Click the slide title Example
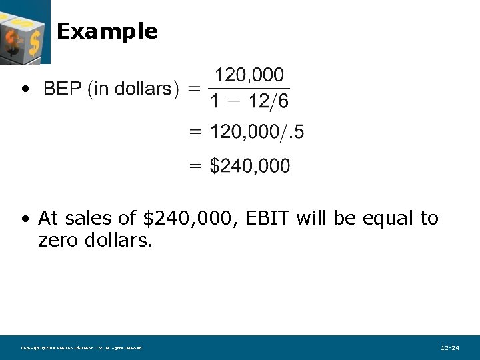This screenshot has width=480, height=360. click(107, 31)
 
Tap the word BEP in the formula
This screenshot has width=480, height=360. click(63, 89)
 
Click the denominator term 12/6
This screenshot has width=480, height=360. click(269, 102)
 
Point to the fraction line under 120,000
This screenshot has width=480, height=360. click(249, 88)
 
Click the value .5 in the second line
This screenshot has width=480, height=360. click(295, 132)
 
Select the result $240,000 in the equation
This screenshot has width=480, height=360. click(250, 166)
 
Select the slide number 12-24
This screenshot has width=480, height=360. click(450, 348)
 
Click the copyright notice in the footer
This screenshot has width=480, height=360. click(81, 348)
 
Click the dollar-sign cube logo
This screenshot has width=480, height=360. click(24, 31)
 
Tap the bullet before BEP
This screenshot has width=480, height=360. click(25, 89)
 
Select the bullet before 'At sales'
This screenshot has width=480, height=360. click(25, 219)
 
